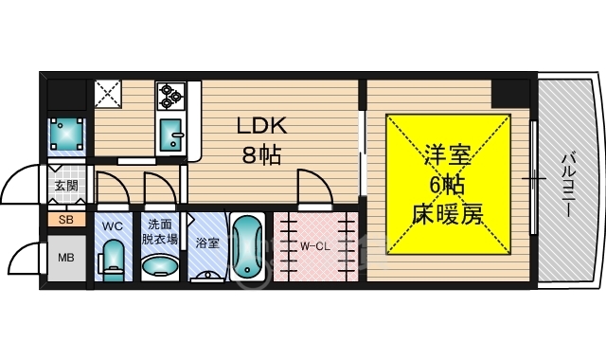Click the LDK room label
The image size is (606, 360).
tap(260, 127)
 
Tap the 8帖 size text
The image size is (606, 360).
tap(260, 154)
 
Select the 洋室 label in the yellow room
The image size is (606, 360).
tap(447, 153)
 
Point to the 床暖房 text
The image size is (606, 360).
tap(447, 215)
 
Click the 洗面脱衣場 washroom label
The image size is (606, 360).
tap(159, 232)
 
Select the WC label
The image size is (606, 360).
tap(113, 226)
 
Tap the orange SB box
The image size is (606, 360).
tap(65, 220)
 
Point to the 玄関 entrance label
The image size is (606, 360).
tap(65, 186)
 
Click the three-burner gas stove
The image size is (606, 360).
tap(170, 95)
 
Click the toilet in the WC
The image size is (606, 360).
tap(114, 258)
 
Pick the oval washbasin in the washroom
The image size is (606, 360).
tap(159, 264)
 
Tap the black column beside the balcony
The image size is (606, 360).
tap(510, 94)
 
